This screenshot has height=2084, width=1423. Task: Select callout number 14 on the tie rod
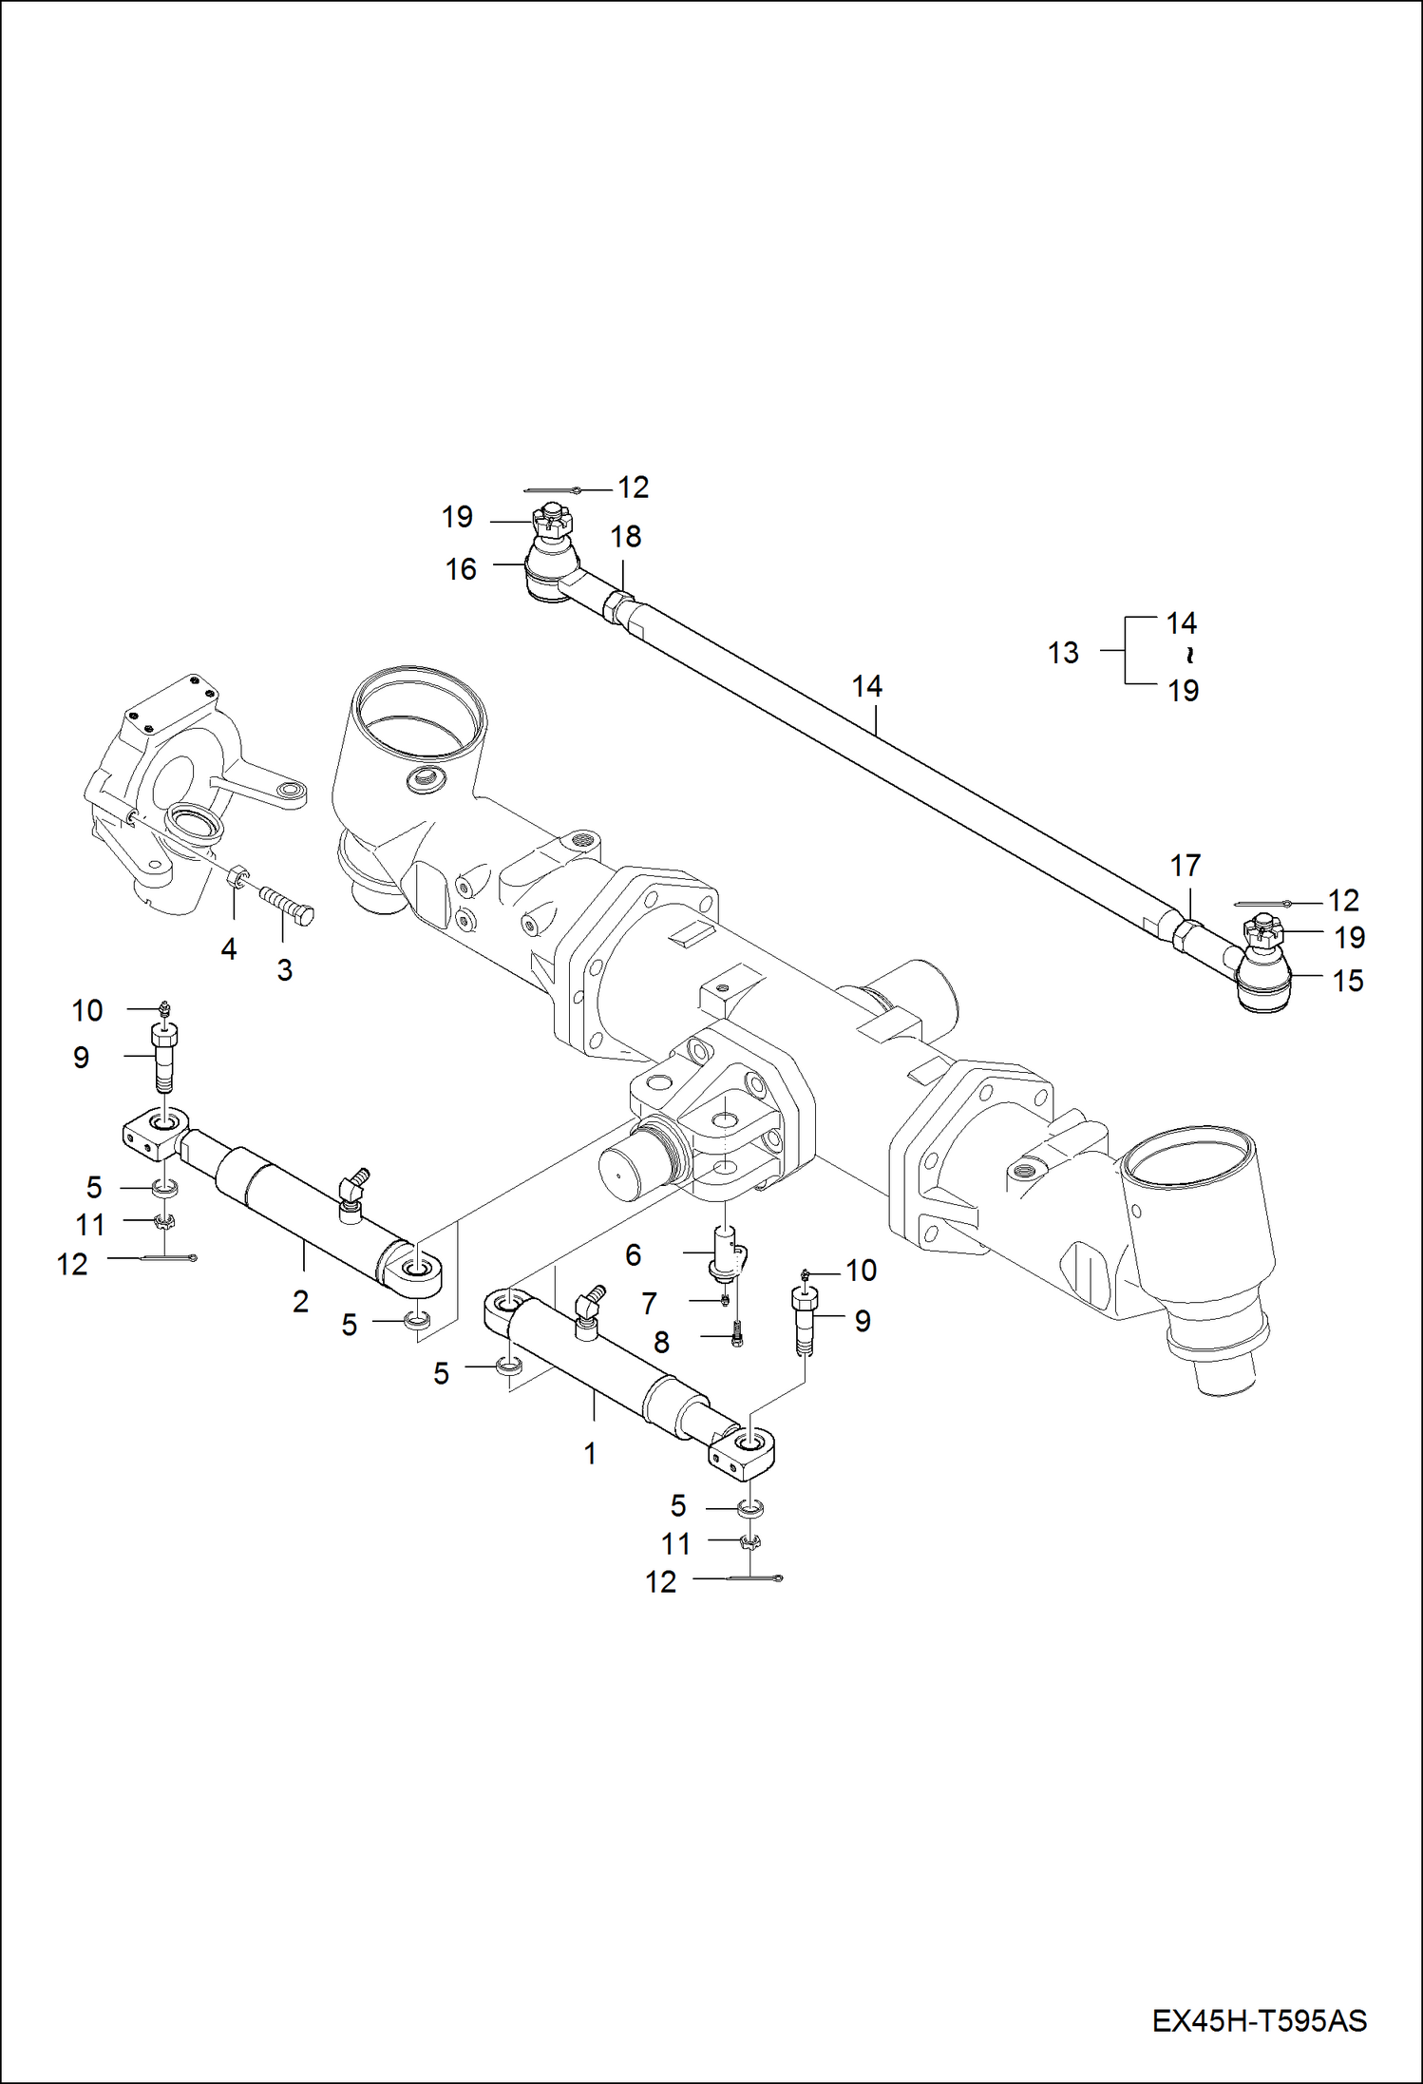coord(866,685)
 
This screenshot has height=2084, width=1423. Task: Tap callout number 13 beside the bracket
coord(1063,653)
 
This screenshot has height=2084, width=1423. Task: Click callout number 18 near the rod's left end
coord(625,537)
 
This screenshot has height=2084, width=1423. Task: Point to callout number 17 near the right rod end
coord(1185,866)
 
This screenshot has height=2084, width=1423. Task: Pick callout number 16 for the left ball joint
coord(461,569)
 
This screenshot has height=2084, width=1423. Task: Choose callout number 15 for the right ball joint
coord(1347,980)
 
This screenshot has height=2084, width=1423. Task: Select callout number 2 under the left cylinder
coord(300,1301)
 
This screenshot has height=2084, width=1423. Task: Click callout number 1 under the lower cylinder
coord(590,1453)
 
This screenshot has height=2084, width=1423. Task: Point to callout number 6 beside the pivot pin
coord(633,1254)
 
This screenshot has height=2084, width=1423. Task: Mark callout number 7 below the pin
coord(649,1303)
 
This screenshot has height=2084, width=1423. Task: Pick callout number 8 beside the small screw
coord(661,1342)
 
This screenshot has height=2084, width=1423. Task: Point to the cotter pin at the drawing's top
coord(552,489)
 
